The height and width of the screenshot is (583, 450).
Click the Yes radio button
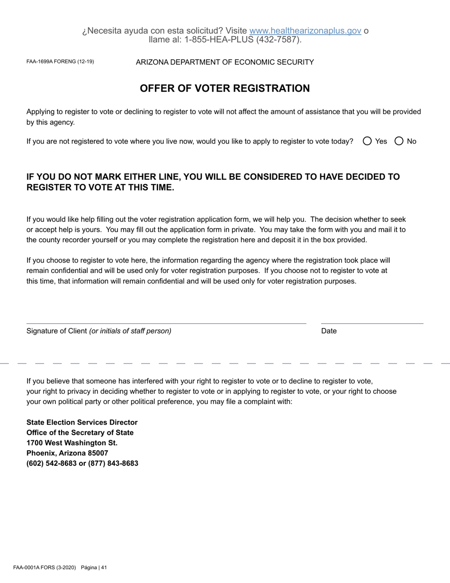pyautogui.click(x=367, y=141)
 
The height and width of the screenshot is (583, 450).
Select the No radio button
pyautogui.click(x=399, y=141)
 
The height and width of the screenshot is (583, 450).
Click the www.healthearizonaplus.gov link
pyautogui.click(x=305, y=31)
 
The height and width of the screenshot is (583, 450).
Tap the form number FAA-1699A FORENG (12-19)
pyautogui.click(x=60, y=62)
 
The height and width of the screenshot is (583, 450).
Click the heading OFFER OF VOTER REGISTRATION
pyautogui.click(x=225, y=89)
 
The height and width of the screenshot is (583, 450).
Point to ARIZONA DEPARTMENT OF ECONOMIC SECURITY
pyautogui.click(x=225, y=62)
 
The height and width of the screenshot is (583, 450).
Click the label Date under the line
pyautogui.click(x=329, y=331)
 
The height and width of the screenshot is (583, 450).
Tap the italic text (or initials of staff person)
pyautogui.click(x=130, y=331)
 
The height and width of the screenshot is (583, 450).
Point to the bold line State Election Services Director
pyautogui.click(x=82, y=422)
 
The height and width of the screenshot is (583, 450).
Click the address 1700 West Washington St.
pyautogui.click(x=72, y=443)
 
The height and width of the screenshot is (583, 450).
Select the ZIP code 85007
pyautogui.click(x=98, y=453)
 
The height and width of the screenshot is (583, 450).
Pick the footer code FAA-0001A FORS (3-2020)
pyautogui.click(x=45, y=567)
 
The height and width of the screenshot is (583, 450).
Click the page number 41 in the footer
pyautogui.click(x=104, y=567)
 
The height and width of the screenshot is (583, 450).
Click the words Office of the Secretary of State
pyautogui.click(x=80, y=433)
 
